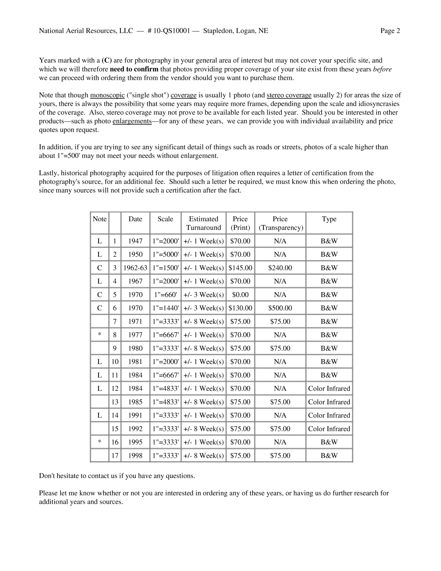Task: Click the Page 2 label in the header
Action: click(390, 31)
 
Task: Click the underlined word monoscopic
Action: click(107, 95)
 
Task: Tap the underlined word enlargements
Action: click(132, 121)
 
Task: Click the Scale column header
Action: click(165, 219)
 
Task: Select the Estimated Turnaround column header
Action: click(203, 223)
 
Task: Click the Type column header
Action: click(329, 219)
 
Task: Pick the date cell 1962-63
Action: click(135, 268)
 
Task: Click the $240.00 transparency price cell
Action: click(280, 268)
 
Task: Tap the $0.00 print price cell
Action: click(240, 295)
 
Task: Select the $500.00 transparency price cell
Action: click(280, 308)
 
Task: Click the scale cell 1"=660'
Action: click(165, 295)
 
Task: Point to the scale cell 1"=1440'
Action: click(165, 308)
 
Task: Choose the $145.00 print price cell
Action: click(240, 268)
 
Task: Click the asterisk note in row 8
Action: click(100, 335)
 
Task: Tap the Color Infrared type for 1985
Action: click(329, 402)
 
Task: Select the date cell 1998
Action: click(135, 456)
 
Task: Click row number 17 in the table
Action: click(115, 456)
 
